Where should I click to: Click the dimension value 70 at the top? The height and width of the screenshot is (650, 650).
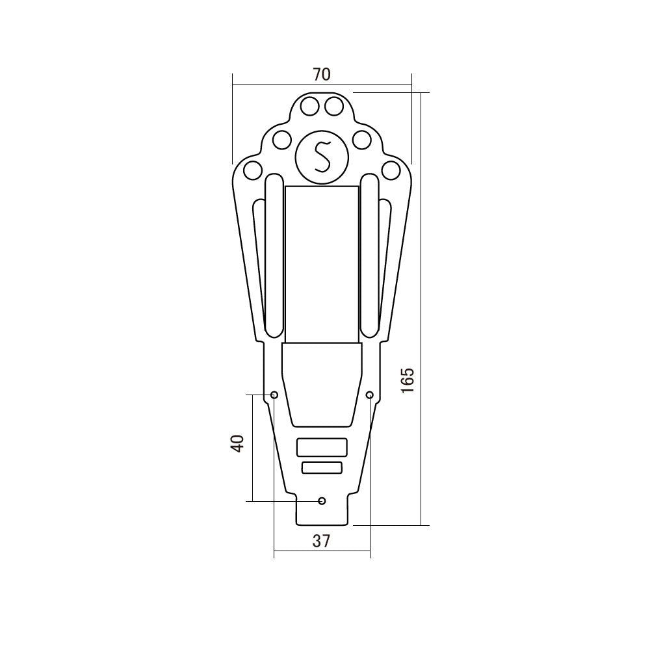(322, 75)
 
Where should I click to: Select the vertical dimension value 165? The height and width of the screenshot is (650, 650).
(408, 380)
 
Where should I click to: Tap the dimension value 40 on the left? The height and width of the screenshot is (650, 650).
(237, 443)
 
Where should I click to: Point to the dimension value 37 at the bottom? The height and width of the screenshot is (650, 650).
(321, 541)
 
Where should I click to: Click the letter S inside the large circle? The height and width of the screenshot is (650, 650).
(322, 157)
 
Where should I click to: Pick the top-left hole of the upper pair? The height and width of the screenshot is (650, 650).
(309, 107)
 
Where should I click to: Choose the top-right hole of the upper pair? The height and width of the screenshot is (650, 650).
(334, 107)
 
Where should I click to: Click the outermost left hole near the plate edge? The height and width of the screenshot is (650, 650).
(253, 170)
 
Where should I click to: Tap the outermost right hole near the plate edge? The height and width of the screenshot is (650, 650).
(391, 170)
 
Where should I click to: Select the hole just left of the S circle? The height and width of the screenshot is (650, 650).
(281, 139)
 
